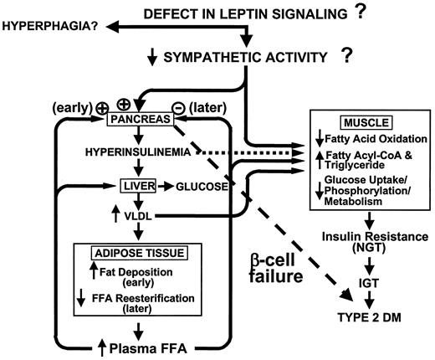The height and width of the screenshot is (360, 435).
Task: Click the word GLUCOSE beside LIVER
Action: [200, 185]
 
